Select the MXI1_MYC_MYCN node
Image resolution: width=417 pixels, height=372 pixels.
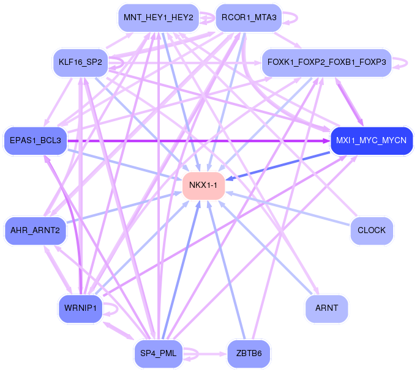tap(371, 141)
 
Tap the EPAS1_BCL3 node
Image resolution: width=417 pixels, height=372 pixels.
tap(35, 141)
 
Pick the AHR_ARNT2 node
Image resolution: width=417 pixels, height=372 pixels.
tap(35, 230)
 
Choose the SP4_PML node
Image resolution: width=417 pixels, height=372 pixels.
tap(158, 354)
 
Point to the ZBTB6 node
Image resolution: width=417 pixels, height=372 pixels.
tap(249, 354)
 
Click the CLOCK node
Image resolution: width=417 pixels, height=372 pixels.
tap(371, 230)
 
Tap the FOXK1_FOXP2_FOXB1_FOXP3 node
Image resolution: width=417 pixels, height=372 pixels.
tap(326, 62)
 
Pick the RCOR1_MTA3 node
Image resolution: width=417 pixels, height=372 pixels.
tap(249, 18)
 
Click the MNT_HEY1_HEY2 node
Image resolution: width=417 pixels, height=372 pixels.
tap(158, 18)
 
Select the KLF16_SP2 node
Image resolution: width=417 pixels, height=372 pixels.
tap(80, 62)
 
